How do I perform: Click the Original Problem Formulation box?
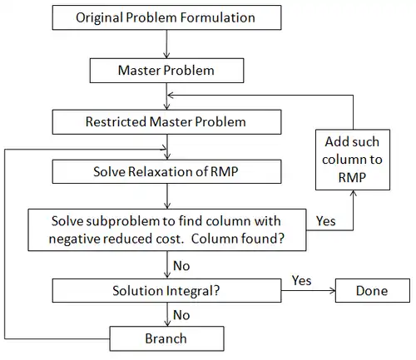(x=166, y=17)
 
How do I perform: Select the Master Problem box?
(x=166, y=71)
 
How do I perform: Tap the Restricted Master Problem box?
(x=166, y=122)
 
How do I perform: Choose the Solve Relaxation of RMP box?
(x=166, y=171)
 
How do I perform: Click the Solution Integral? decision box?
(x=166, y=290)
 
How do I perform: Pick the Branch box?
(x=166, y=338)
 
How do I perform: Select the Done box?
(x=373, y=290)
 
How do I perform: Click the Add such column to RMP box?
(x=353, y=160)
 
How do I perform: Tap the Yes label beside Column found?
(x=326, y=221)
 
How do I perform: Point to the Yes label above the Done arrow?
(x=301, y=281)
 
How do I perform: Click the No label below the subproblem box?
(x=181, y=266)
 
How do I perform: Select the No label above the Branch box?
(x=181, y=315)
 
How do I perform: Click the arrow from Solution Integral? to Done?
(x=309, y=291)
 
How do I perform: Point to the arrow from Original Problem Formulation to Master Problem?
(x=166, y=44)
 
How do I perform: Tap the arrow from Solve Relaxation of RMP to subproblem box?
(x=167, y=196)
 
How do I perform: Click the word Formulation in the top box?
(x=218, y=17)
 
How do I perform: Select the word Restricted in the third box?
(x=116, y=122)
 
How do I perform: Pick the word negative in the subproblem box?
(x=73, y=239)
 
